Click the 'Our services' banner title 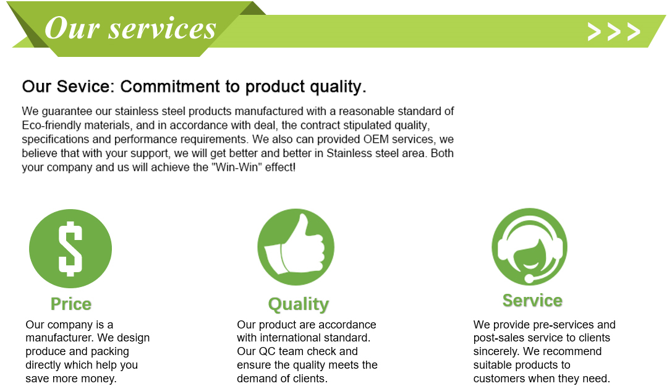pos(130,28)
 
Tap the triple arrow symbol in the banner pos(614,32)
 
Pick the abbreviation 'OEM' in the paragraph pos(376,139)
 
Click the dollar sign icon pos(70,249)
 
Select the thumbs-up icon pos(296,247)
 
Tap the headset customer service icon pos(530,247)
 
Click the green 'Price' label pos(71,304)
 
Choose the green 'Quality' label pos(298,304)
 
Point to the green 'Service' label pos(532,301)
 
